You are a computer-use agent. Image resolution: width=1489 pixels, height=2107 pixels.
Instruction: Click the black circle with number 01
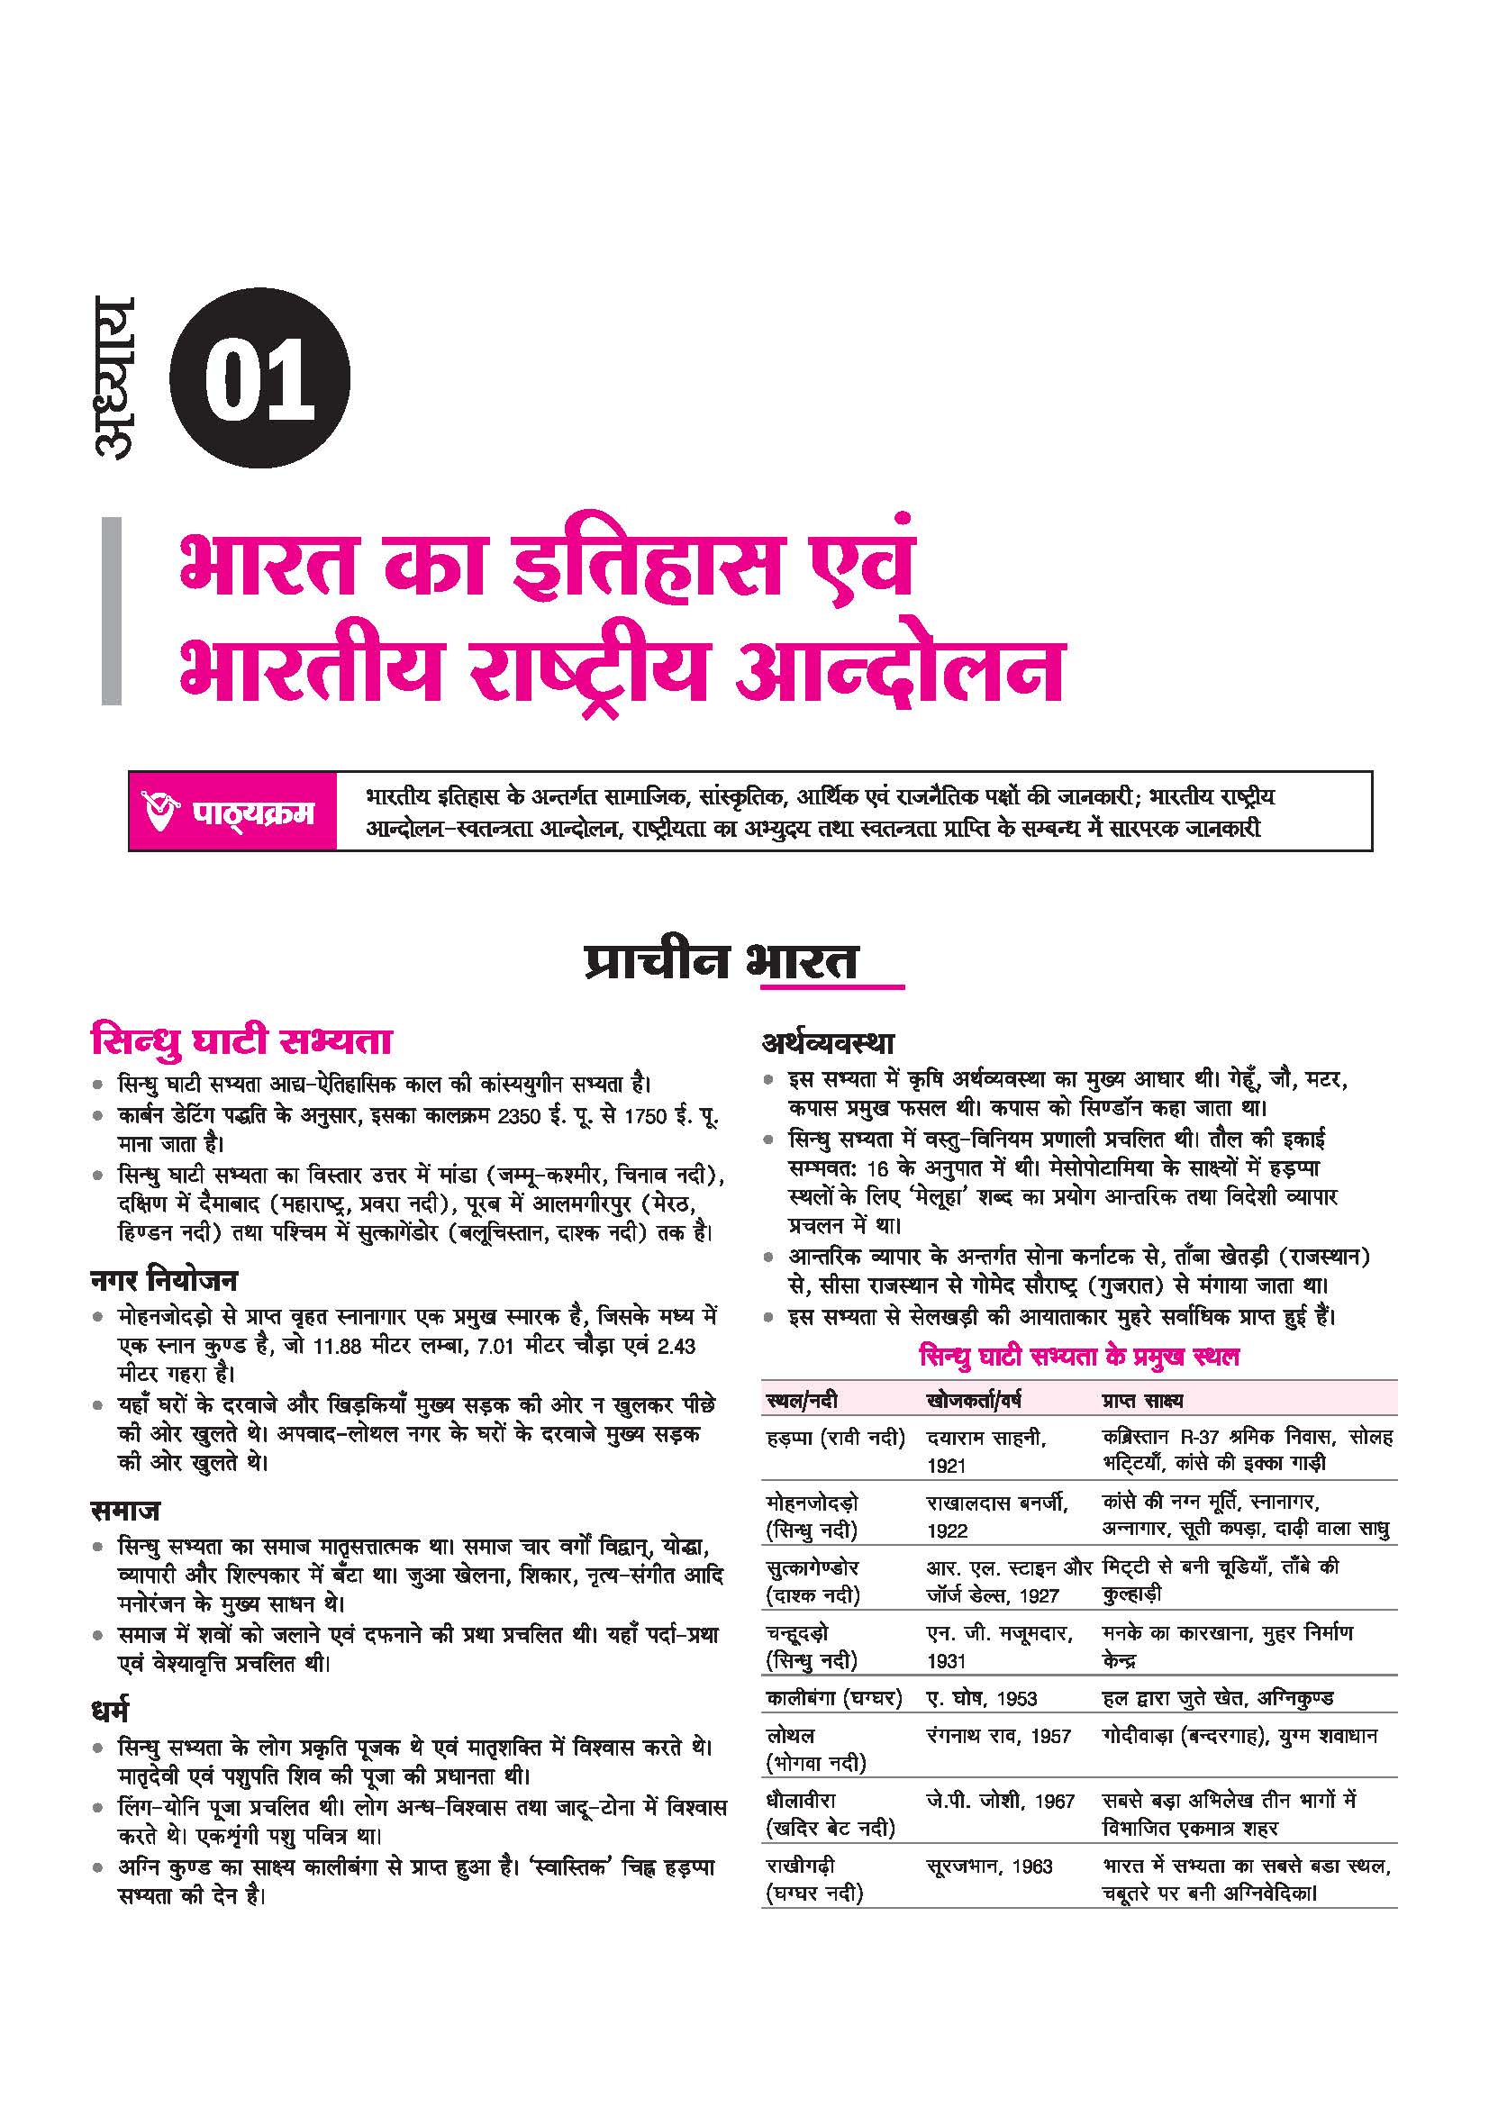tap(259, 379)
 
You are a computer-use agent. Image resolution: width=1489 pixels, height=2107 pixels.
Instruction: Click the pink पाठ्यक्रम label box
tap(233, 812)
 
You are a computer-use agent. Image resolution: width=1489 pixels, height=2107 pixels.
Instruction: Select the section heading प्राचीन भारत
tap(722, 961)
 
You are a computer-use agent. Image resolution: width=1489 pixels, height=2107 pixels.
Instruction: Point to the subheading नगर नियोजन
tap(164, 1279)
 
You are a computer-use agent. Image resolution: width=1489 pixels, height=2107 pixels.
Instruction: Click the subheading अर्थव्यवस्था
tap(828, 1043)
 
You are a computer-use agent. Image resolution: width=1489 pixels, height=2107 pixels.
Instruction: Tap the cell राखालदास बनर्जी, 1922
tap(996, 1516)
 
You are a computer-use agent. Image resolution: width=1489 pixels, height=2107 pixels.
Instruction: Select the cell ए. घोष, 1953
tap(982, 1698)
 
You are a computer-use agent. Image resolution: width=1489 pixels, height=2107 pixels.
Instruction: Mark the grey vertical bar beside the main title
tap(111, 610)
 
